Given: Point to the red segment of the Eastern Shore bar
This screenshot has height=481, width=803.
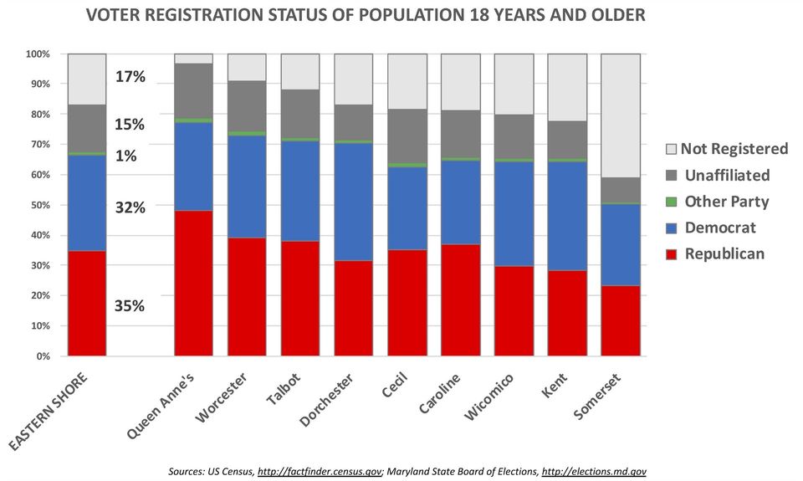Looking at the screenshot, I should point(87,303).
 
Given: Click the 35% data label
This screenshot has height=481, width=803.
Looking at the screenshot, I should point(130,306).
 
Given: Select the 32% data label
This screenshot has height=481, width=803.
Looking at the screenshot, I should point(130,207).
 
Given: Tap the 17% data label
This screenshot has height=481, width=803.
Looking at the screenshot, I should point(130,77).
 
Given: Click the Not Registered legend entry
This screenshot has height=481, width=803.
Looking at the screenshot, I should point(734,149).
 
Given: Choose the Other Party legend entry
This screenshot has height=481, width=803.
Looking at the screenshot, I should point(726,202).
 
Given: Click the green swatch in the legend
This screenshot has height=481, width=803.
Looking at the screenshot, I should point(671,202).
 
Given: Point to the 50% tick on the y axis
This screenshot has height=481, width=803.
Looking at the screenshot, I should point(39,205).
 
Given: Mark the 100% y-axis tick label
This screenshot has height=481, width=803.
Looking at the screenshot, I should point(38,54).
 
